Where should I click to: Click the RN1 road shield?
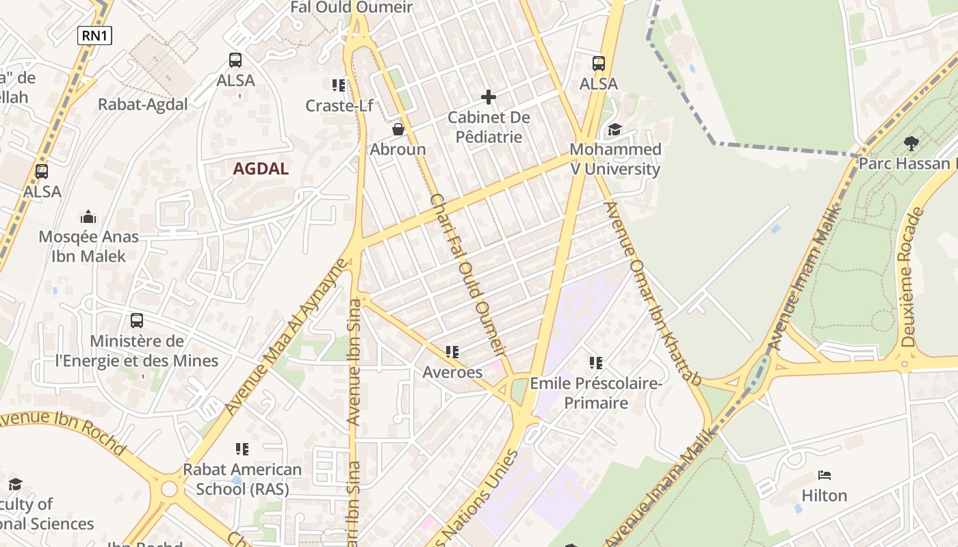tap(94, 36)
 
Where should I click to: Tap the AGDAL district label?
tap(261, 169)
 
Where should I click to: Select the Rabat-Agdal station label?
tap(143, 105)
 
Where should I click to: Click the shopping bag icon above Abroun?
tap(398, 129)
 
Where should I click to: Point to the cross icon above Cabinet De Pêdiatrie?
tap(489, 97)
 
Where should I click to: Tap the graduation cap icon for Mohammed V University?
tap(614, 129)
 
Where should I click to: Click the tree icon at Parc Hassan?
tap(911, 143)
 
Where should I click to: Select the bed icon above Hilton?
tap(825, 475)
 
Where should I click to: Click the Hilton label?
tap(824, 495)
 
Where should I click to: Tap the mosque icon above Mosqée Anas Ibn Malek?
tap(88, 217)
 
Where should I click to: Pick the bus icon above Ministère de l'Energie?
tap(137, 320)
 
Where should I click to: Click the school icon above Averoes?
tap(452, 352)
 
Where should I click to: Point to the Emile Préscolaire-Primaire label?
tap(596, 393)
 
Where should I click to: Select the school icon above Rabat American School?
tap(242, 449)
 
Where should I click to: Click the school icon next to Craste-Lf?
tap(338, 85)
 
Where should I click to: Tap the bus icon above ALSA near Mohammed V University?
tap(599, 64)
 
